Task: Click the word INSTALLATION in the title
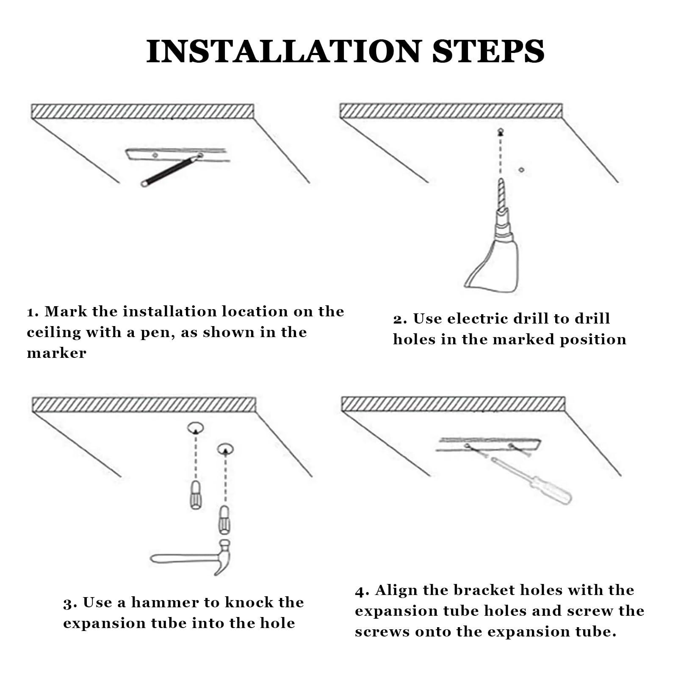[284, 51]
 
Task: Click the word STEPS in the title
[488, 51]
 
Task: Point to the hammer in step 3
[191, 557]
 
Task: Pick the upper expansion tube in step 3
[195, 495]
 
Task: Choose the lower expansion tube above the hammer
[224, 520]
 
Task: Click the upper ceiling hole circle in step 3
[195, 428]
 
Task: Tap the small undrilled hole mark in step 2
[521, 170]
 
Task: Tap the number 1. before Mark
[33, 313]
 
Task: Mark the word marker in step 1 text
[56, 353]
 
